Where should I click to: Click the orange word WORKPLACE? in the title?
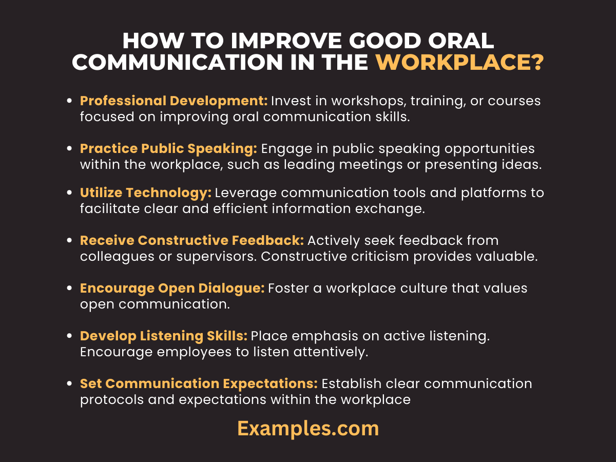click(x=459, y=63)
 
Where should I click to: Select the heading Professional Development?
click(x=174, y=101)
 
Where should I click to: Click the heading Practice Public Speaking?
click(x=168, y=149)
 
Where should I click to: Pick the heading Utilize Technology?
click(x=146, y=193)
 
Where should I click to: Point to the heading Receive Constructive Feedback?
click(x=192, y=240)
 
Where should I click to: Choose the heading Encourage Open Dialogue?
click(x=172, y=288)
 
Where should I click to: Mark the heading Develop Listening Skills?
click(x=164, y=336)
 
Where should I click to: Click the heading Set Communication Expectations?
click(x=199, y=383)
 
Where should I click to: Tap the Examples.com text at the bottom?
click(x=308, y=428)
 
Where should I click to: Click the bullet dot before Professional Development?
click(x=69, y=102)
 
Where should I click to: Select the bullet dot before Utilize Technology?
click(x=69, y=194)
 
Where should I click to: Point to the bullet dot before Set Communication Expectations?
click(x=69, y=384)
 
